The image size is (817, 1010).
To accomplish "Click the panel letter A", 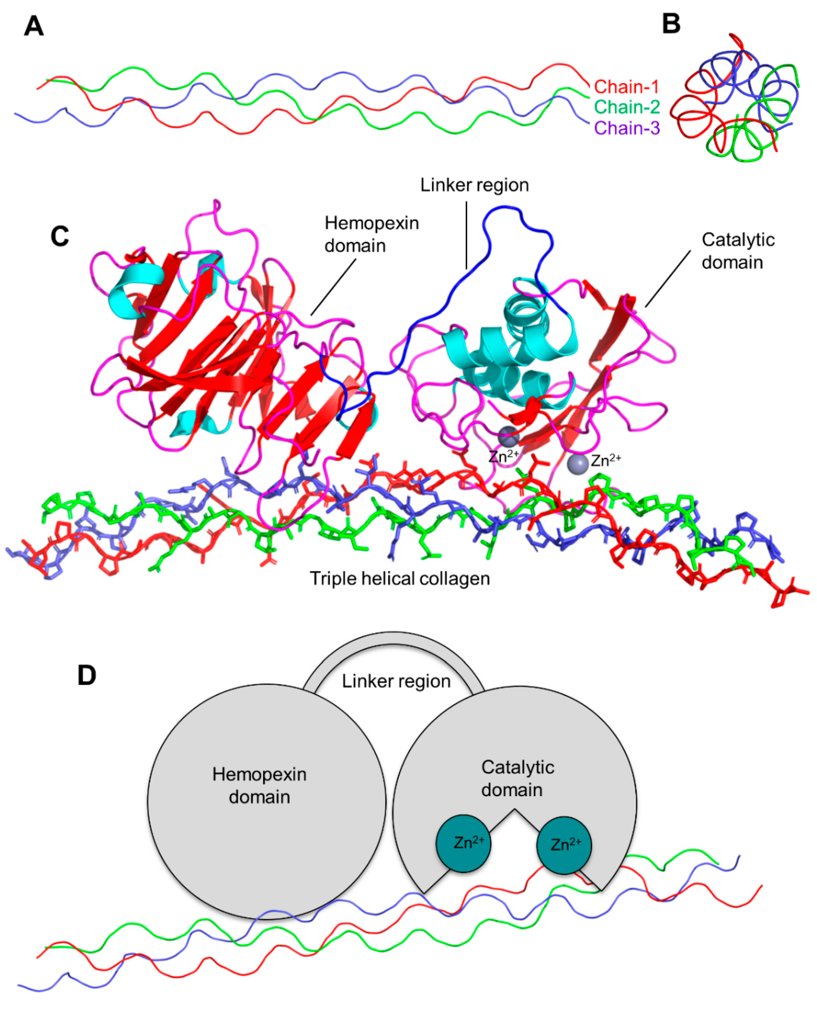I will coord(34,26).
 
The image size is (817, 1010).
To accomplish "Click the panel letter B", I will coord(671,24).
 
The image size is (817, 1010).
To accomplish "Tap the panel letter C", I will coord(60,236).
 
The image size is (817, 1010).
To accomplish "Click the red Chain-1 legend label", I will coord(626,87).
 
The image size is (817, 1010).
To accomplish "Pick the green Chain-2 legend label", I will coord(626,107).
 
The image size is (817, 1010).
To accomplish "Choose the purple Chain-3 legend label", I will coord(626,128).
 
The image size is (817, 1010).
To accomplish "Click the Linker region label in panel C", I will coord(474,185).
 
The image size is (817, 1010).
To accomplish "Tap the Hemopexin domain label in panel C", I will coord(371,234).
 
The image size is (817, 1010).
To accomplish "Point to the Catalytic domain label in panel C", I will coord(738,251).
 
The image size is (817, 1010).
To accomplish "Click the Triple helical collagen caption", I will coord(399,579).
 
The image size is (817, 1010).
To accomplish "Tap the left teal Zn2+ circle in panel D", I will coord(463,843).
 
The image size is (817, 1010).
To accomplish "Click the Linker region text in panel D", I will coord(396,681).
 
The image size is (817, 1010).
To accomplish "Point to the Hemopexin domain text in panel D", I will coord(259,786).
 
